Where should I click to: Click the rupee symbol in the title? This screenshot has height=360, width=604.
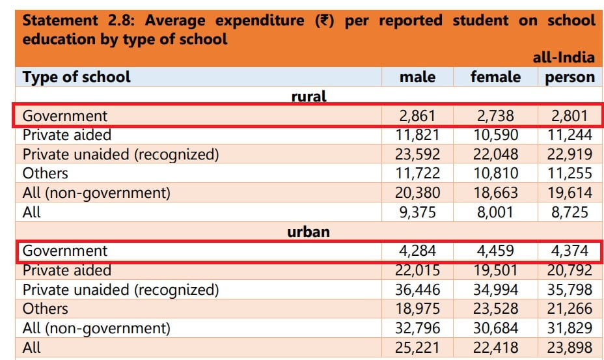pos(324,20)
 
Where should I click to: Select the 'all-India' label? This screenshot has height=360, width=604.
pos(564,57)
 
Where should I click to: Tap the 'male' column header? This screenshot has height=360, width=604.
pos(418,77)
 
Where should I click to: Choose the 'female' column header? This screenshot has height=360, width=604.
pos(495,77)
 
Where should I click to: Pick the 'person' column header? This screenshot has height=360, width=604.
pos(570,77)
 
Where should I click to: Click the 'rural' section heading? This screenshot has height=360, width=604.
pos(309,96)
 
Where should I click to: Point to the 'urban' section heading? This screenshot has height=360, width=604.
pos(309,232)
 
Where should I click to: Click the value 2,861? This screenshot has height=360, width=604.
pos(417,116)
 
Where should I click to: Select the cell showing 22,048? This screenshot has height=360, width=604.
pos(495,154)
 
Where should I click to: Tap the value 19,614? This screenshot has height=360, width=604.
pos(570,193)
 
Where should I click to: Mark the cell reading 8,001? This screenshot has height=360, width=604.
pos(495,212)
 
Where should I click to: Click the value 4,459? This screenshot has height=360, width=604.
pos(495,251)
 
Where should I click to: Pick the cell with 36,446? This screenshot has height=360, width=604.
pos(418,290)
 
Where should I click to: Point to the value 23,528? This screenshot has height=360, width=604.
pos(495,309)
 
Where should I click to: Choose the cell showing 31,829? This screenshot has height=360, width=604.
pos(570,328)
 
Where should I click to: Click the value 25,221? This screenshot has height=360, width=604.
pos(417,348)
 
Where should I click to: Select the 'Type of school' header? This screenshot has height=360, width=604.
pos(77,77)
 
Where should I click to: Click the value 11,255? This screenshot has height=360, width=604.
pos(570,174)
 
